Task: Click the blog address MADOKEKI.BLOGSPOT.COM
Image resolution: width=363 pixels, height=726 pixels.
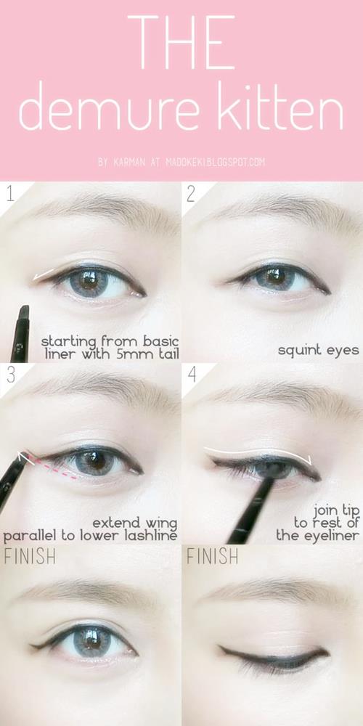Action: coord(216,163)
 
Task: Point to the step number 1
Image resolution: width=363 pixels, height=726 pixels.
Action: coord(10,194)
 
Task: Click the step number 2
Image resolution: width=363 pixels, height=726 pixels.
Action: coord(191,194)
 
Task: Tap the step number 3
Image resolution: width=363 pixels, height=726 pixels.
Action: coord(11,375)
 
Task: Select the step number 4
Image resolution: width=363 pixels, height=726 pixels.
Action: coord(192,375)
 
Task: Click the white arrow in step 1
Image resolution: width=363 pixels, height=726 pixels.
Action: coord(43,275)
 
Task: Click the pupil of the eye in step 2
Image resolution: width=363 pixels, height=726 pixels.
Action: coord(275,277)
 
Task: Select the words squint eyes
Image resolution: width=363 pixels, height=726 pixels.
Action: coord(319,351)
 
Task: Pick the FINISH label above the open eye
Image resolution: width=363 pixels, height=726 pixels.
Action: coord(30,556)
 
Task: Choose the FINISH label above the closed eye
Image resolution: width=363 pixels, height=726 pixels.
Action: coord(212,556)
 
